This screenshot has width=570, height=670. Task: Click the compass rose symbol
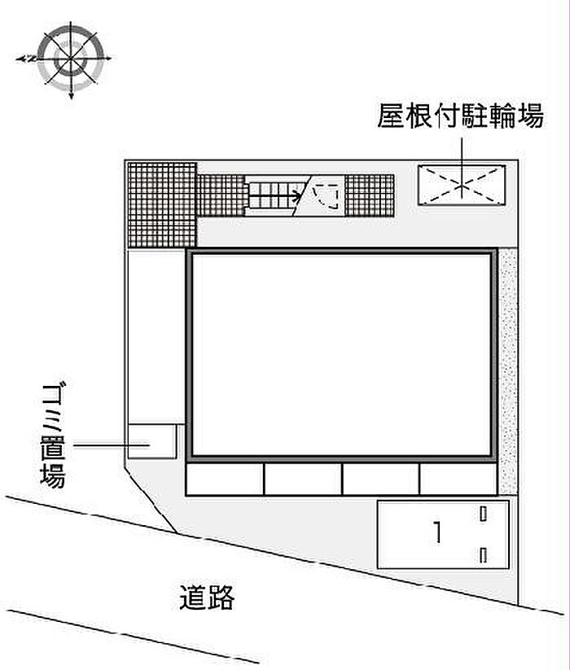(x=70, y=59)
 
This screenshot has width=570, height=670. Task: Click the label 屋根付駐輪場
(x=461, y=116)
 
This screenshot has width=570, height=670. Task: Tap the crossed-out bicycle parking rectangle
(x=462, y=186)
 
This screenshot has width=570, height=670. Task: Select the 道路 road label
(x=207, y=598)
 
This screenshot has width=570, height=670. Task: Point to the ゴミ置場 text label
(x=54, y=436)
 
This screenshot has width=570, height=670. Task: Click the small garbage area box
(x=152, y=441)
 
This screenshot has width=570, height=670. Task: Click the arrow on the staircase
(x=275, y=197)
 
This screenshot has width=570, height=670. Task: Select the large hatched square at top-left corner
(x=162, y=204)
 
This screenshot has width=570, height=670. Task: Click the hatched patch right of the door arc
(x=370, y=195)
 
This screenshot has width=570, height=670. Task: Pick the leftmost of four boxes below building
(x=226, y=479)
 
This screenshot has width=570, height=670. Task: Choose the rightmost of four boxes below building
(x=458, y=479)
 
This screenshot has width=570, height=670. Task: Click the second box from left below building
(x=304, y=479)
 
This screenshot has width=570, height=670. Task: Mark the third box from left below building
(x=381, y=479)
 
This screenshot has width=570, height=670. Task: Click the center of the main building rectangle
(x=341, y=355)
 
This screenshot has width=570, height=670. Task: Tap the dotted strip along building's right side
(x=508, y=372)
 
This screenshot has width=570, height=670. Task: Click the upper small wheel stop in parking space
(x=483, y=514)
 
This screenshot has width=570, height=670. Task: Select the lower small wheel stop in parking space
(x=483, y=555)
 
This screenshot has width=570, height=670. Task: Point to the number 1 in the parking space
(x=436, y=532)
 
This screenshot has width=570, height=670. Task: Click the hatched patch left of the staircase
(x=221, y=195)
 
